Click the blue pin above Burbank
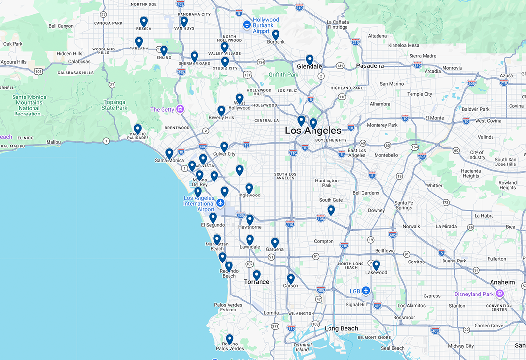(276, 34)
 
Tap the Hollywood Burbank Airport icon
(247, 24)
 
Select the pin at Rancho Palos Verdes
(230, 339)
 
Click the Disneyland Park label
(474, 294)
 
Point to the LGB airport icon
(366, 291)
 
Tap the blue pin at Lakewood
(376, 265)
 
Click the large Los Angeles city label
(313, 131)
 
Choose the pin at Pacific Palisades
(138, 129)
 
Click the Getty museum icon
(180, 109)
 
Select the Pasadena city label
(370, 65)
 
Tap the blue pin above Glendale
(310, 59)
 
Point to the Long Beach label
(341, 328)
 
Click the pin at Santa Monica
(169, 153)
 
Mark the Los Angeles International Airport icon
(220, 203)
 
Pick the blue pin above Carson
(291, 278)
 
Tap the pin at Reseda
(144, 21)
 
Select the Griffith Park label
(284, 75)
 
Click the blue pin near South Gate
(331, 210)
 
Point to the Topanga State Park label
(115, 105)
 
